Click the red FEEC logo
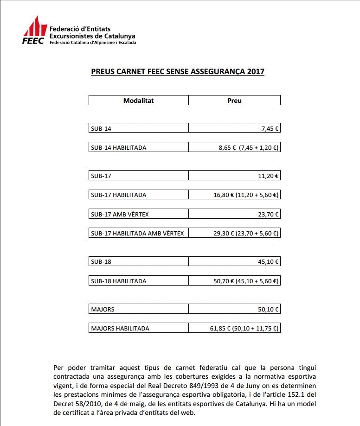[x=34, y=31]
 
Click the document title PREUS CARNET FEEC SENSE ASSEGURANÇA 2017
[x=177, y=72]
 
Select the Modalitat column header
[x=138, y=101]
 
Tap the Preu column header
[x=234, y=101]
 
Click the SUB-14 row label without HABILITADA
[x=101, y=128]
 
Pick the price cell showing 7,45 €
[x=270, y=128]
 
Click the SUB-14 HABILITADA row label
[x=119, y=147]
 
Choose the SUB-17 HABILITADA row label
[x=119, y=195]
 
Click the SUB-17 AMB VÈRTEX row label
[x=120, y=214]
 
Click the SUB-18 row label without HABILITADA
[x=101, y=262]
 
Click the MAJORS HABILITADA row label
[x=120, y=328]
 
